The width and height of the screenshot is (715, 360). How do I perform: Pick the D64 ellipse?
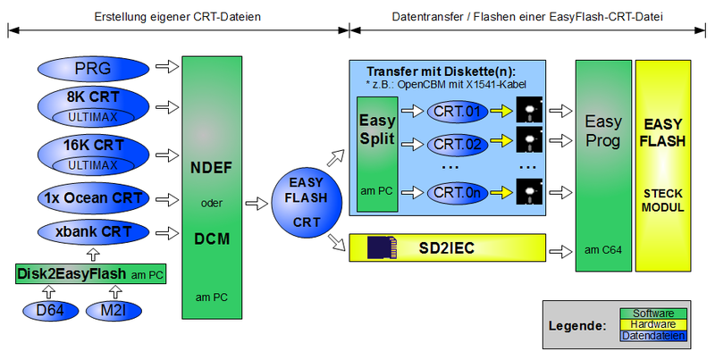click(49, 312)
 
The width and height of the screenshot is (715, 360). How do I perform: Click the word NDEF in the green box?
click(211, 166)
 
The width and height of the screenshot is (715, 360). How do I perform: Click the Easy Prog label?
click(602, 131)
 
